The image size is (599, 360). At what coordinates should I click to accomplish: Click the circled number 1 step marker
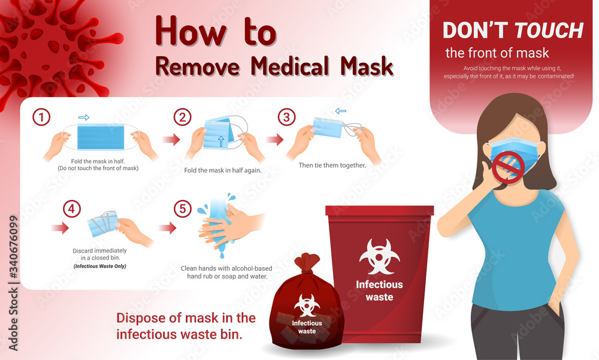tap(41, 118)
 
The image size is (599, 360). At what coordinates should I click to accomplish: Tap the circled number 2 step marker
tap(182, 118)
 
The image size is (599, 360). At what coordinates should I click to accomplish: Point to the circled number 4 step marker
tap(72, 209)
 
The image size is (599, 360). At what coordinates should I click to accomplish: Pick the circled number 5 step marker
tap(181, 209)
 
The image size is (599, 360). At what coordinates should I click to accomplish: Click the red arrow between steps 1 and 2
tap(172, 140)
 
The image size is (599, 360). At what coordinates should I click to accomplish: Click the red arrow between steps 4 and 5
tap(168, 228)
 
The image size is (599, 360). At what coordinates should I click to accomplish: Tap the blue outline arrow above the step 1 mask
tap(84, 118)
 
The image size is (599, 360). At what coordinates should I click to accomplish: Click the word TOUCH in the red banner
tap(549, 30)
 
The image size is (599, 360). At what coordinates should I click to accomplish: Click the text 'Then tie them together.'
tap(331, 164)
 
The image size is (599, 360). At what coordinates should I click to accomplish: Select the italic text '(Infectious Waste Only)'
tap(100, 265)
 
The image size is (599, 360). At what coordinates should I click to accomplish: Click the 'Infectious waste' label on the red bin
tap(379, 291)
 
